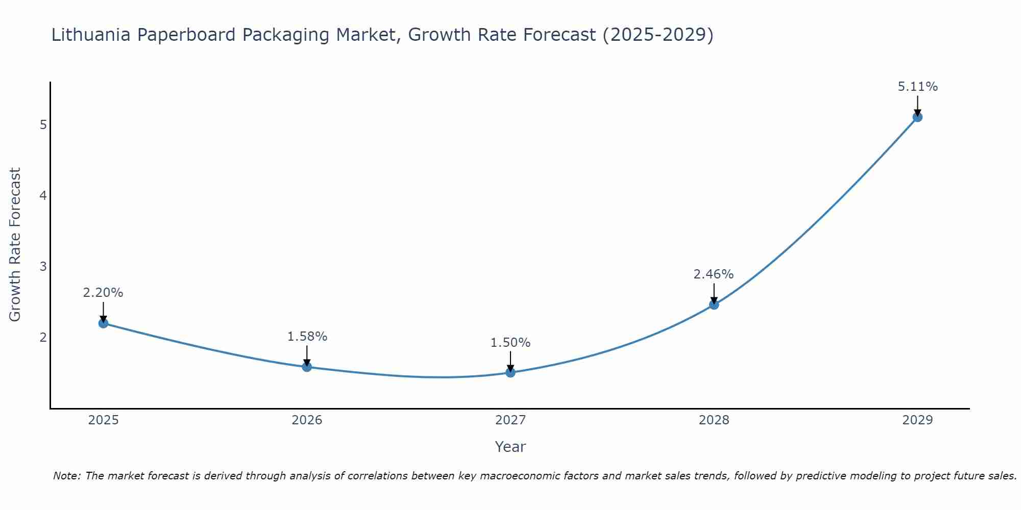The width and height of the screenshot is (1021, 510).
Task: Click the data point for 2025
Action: pyautogui.click(x=103, y=323)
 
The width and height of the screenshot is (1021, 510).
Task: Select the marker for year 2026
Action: pyautogui.click(x=307, y=367)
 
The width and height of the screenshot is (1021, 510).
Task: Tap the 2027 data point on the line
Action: pyautogui.click(x=510, y=372)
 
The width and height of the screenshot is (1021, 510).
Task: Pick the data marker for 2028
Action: pyautogui.click(x=714, y=304)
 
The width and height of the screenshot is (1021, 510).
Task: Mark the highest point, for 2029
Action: pyautogui.click(x=917, y=117)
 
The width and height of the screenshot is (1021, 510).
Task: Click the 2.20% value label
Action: pyautogui.click(x=103, y=293)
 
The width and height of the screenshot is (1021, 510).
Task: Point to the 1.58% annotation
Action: pyautogui.click(x=307, y=337)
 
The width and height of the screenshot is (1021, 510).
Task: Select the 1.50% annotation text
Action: pyautogui.click(x=510, y=343)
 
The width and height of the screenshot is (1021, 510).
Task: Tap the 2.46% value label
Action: pyautogui.click(x=714, y=274)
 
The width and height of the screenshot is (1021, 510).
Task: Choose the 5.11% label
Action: pyautogui.click(x=917, y=87)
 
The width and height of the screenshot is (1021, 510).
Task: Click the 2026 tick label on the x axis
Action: pyautogui.click(x=307, y=420)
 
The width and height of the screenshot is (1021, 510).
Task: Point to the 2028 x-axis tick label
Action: pyautogui.click(x=714, y=420)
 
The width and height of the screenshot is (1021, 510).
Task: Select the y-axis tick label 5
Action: pyautogui.click(x=43, y=125)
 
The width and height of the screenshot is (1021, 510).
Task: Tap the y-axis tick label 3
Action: pyautogui.click(x=43, y=267)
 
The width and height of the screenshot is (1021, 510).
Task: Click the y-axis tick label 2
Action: pyautogui.click(x=43, y=338)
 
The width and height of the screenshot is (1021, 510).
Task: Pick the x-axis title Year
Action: pyautogui.click(x=510, y=447)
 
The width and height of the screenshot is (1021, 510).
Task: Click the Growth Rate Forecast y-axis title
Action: pyautogui.click(x=15, y=245)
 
